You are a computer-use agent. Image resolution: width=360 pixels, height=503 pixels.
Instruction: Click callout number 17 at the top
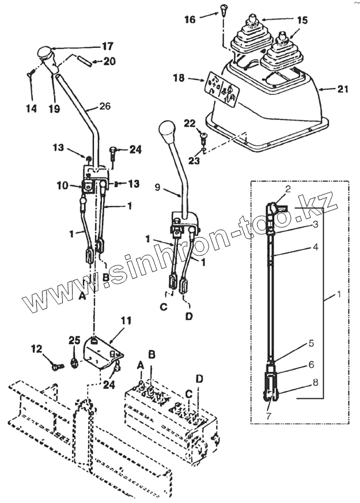pyautogui.click(x=108, y=46)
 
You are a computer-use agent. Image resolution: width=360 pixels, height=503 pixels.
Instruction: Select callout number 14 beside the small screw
pyautogui.click(x=31, y=108)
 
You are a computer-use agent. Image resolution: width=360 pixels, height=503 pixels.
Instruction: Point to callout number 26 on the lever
pyautogui.click(x=104, y=106)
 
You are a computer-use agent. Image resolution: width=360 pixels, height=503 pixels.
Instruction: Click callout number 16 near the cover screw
pyautogui.click(x=190, y=19)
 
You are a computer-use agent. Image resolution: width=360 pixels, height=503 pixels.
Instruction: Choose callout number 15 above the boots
pyautogui.click(x=302, y=19)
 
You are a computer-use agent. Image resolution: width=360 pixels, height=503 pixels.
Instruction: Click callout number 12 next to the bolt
pyautogui.click(x=36, y=349)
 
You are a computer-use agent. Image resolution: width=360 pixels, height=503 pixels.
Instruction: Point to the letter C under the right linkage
pyautogui.click(x=163, y=307)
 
